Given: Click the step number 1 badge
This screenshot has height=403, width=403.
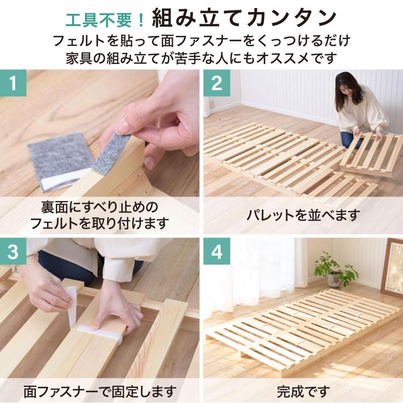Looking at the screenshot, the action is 13,83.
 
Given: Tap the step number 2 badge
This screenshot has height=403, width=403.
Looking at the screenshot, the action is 217,83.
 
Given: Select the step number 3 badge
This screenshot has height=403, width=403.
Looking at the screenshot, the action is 13,251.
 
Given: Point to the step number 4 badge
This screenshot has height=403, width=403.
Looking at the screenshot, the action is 217,251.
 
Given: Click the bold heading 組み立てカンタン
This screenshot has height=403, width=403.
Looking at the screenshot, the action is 244,18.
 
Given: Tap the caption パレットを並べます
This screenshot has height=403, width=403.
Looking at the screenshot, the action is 303,215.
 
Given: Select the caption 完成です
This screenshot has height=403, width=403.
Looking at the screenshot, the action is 303,391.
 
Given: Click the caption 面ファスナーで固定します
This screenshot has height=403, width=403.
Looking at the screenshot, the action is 100,391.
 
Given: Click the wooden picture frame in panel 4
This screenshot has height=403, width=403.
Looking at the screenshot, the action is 392,268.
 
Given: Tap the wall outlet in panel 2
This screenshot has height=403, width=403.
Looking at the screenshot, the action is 213,104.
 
